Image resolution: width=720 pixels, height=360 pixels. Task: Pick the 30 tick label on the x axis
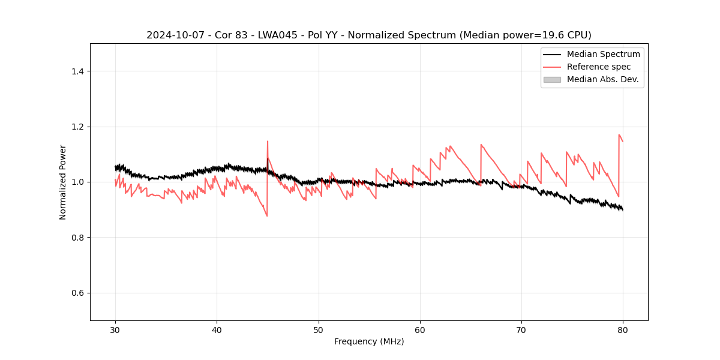(x=115, y=330)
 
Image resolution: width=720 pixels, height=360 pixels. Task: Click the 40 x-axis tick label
(x=217, y=330)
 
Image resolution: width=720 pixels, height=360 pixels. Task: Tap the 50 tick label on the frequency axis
(x=319, y=330)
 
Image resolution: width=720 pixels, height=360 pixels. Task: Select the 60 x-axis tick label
(x=420, y=330)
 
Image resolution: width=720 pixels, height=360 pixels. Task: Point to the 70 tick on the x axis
(x=521, y=330)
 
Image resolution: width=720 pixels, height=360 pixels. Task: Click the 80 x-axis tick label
(x=623, y=330)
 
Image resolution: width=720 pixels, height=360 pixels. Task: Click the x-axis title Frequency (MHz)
(x=369, y=341)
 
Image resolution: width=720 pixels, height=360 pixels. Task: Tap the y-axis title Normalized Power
(x=63, y=182)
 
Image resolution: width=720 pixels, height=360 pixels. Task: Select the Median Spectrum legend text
(x=603, y=54)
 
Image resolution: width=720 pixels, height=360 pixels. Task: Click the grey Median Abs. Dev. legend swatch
(x=552, y=79)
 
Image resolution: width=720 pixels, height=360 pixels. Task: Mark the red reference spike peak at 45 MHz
(x=268, y=142)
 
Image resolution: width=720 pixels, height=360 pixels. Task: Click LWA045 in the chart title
(x=260, y=35)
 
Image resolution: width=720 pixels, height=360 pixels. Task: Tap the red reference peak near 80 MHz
(x=619, y=135)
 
